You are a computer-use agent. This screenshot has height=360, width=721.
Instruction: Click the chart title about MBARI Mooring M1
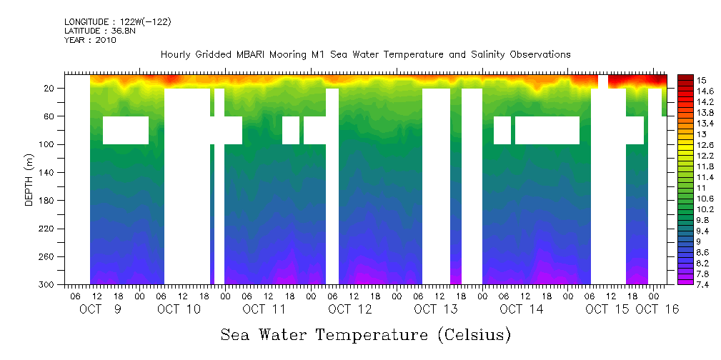click(x=365, y=54)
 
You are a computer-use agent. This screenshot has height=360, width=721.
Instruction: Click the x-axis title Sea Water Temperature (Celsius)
click(x=365, y=334)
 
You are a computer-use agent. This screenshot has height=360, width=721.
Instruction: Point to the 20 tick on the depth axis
click(x=50, y=88)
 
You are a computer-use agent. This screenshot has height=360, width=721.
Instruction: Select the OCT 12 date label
click(x=350, y=309)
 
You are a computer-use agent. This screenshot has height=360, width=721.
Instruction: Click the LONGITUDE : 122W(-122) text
click(x=117, y=22)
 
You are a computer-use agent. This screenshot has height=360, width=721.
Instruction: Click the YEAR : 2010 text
click(x=90, y=40)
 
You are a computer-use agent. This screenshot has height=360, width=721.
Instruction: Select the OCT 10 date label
click(x=179, y=309)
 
